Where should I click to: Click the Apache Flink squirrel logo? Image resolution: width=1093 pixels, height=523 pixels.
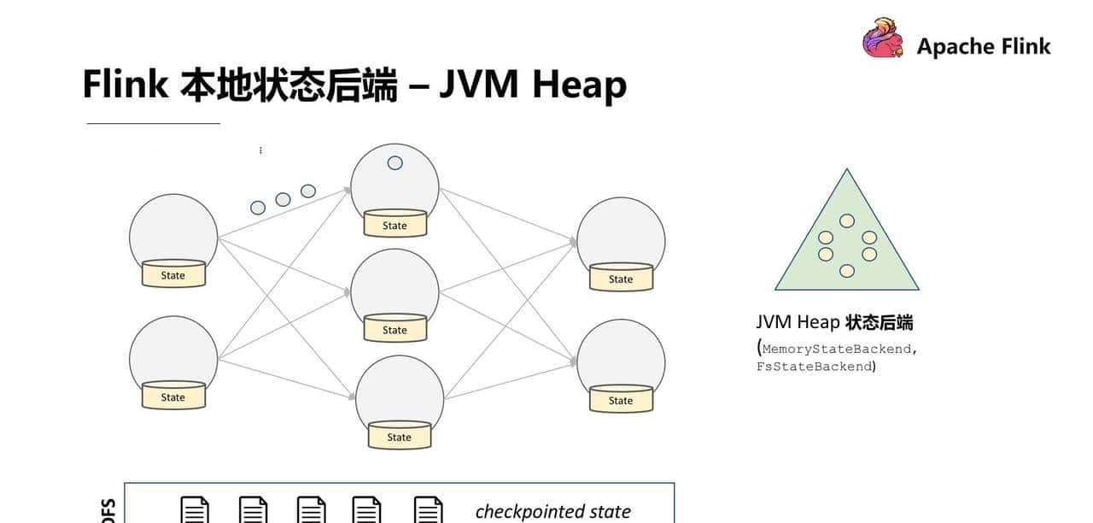pos(882,38)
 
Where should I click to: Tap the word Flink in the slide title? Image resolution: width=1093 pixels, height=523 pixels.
pos(125,85)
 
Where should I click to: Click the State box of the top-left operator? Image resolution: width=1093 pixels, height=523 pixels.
pos(173,275)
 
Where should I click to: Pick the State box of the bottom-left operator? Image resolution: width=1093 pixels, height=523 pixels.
pos(173,397)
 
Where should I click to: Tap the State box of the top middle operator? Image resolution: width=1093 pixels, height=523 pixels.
pos(395,226)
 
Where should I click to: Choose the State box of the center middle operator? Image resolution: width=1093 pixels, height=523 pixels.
pos(395,330)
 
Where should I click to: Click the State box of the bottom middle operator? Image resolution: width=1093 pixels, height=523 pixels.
pos(399,437)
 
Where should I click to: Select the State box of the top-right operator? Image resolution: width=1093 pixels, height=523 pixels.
pos(621,279)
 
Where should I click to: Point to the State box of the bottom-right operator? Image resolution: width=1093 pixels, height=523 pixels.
pos(621,400)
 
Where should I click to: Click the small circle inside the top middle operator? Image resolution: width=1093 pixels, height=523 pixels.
pos(395,162)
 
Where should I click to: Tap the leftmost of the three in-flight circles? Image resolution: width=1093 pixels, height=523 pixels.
pos(258,207)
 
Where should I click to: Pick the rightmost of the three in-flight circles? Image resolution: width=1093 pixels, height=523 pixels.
pos(308,191)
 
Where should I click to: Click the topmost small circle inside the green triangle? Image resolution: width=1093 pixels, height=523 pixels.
pos(846,220)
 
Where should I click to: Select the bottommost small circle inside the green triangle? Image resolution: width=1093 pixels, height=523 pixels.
pos(846,271)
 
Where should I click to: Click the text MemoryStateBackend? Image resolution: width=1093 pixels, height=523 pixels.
pos(839,349)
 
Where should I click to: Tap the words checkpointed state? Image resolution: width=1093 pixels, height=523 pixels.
pos(552,511)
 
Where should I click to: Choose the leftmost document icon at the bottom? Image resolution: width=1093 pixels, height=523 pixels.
pos(195,510)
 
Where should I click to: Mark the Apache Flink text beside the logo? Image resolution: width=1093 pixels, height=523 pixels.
pos(984,46)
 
